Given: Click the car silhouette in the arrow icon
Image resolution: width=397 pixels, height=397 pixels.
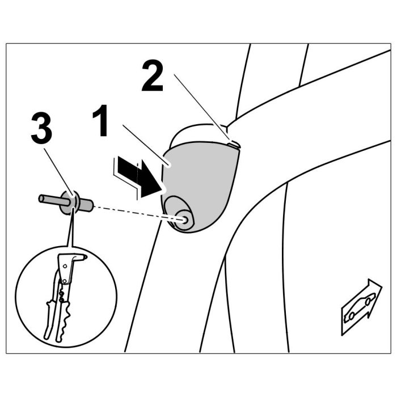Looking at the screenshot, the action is point(358,306).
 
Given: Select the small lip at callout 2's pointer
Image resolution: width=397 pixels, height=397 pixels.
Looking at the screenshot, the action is point(234,144).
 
